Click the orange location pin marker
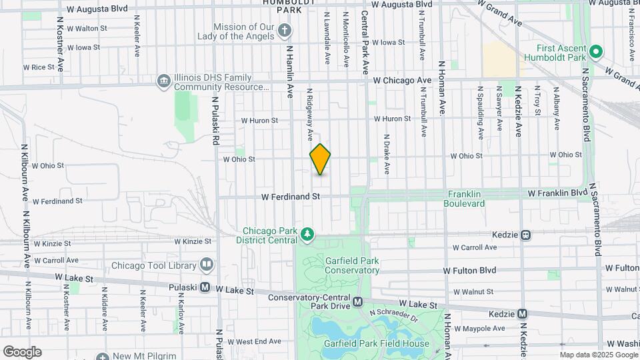pyautogui.click(x=320, y=159)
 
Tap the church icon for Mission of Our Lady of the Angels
pyautogui.click(x=285, y=30)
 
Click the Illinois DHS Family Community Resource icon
pyautogui.click(x=163, y=81)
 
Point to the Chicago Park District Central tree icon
pyautogui.click(x=307, y=234)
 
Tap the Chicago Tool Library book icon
pyautogui.click(x=207, y=265)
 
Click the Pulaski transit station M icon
pyautogui.click(x=205, y=287)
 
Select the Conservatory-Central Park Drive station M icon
pyautogui.click(x=358, y=301)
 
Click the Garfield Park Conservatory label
pyautogui.click(x=352, y=265)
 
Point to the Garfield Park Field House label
pyautogui.click(x=377, y=344)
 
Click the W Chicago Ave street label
pyautogui.click(x=402, y=80)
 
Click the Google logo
pyautogui.click(x=22, y=352)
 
